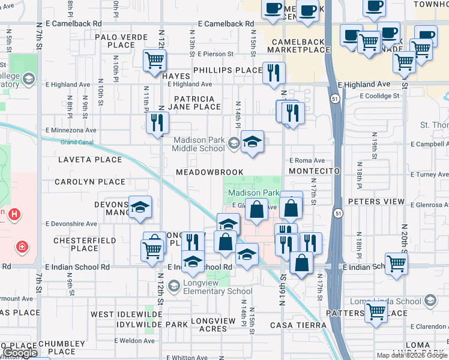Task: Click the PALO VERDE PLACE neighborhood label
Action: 121,41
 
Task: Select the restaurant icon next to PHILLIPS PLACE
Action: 274,73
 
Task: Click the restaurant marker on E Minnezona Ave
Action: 158,123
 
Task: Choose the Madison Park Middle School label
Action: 199,144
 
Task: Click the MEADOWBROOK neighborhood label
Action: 209,172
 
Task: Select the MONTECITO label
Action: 314,172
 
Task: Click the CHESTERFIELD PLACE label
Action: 76,244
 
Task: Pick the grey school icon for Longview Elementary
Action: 174,286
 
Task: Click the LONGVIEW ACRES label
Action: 213,325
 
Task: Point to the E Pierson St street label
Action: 213,54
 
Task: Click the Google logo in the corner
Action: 20,353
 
